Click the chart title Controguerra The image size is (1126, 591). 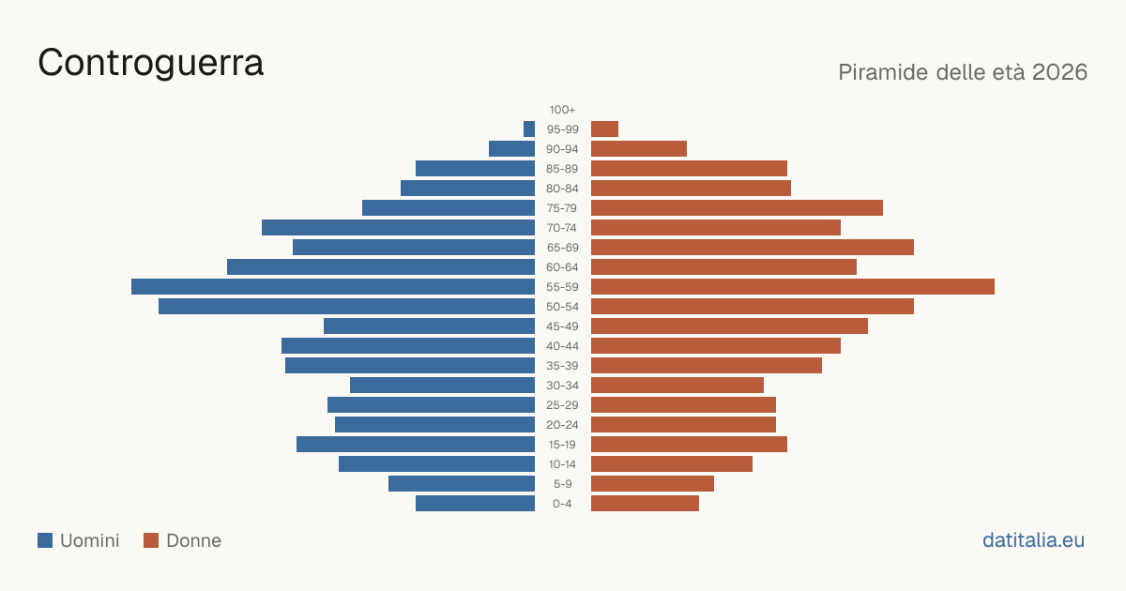click(x=150, y=63)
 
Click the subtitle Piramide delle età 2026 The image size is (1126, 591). click(x=963, y=72)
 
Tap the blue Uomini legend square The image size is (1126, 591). click(x=45, y=540)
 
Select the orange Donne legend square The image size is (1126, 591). click(x=151, y=540)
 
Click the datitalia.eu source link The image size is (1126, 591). click(x=1033, y=540)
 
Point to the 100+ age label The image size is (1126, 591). click(x=562, y=110)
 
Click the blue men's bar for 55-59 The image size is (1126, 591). click(x=333, y=286)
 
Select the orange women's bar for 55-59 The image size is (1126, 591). click(x=793, y=286)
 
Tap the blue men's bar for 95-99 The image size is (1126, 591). click(x=529, y=129)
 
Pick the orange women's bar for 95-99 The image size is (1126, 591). click(x=604, y=129)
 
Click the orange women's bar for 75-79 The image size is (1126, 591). click(x=737, y=208)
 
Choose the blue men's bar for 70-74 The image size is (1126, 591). click(x=398, y=228)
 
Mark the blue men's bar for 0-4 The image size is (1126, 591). click(x=475, y=504)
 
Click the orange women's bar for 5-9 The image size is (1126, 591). click(x=652, y=483)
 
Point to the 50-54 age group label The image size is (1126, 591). click(x=562, y=307)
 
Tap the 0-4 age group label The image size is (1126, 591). click(x=562, y=504)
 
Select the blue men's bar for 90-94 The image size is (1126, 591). click(x=511, y=149)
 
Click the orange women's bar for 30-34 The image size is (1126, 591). click(x=677, y=385)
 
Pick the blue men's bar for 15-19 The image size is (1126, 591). click(x=416, y=445)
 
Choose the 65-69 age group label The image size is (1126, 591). click(x=562, y=248)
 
